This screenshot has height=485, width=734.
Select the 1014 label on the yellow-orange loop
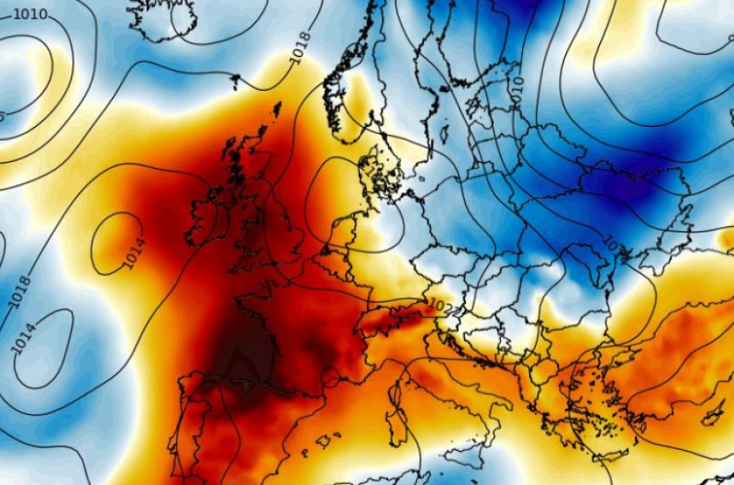pos(134,254)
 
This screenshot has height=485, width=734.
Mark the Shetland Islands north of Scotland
pos(276,111)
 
